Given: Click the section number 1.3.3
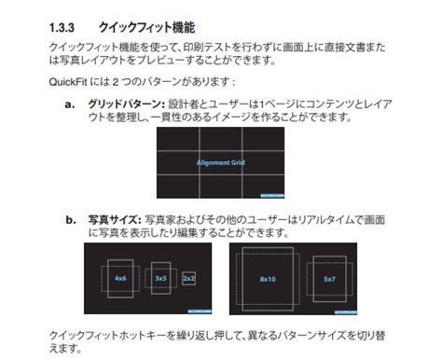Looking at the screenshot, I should pos(62,27).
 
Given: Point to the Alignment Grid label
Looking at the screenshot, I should pos(220,163).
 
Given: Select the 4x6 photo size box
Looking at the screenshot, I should pos(120,277).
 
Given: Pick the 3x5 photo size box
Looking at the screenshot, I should pos(160,278).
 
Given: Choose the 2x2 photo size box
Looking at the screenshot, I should pos(188,278).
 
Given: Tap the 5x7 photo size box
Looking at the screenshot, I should pos(329,279).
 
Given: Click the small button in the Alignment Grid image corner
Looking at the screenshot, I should pos(270,195).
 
